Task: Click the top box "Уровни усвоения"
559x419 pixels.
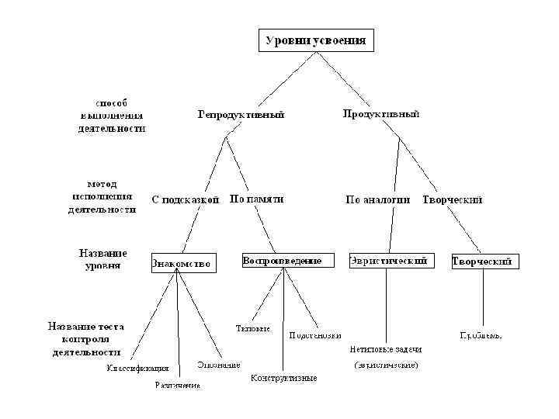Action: (x=316, y=40)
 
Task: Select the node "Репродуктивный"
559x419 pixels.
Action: (x=241, y=114)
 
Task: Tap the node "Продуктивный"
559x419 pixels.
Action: (x=381, y=114)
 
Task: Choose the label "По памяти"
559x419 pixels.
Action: (x=256, y=199)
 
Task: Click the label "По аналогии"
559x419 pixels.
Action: (x=377, y=199)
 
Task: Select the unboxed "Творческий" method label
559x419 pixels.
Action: (x=453, y=199)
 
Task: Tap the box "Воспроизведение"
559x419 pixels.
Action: (x=282, y=261)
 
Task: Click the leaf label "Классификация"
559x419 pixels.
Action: (x=137, y=368)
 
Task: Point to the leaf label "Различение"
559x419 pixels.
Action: (x=177, y=384)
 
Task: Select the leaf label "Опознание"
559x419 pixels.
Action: (x=218, y=364)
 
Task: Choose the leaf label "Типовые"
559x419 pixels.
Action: (x=252, y=328)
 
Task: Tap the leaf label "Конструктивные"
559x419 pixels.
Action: (x=283, y=378)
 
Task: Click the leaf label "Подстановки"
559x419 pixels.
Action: (x=314, y=336)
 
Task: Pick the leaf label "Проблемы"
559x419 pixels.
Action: (x=481, y=336)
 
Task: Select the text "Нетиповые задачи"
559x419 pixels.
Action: (x=386, y=350)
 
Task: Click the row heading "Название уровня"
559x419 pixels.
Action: (x=102, y=259)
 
